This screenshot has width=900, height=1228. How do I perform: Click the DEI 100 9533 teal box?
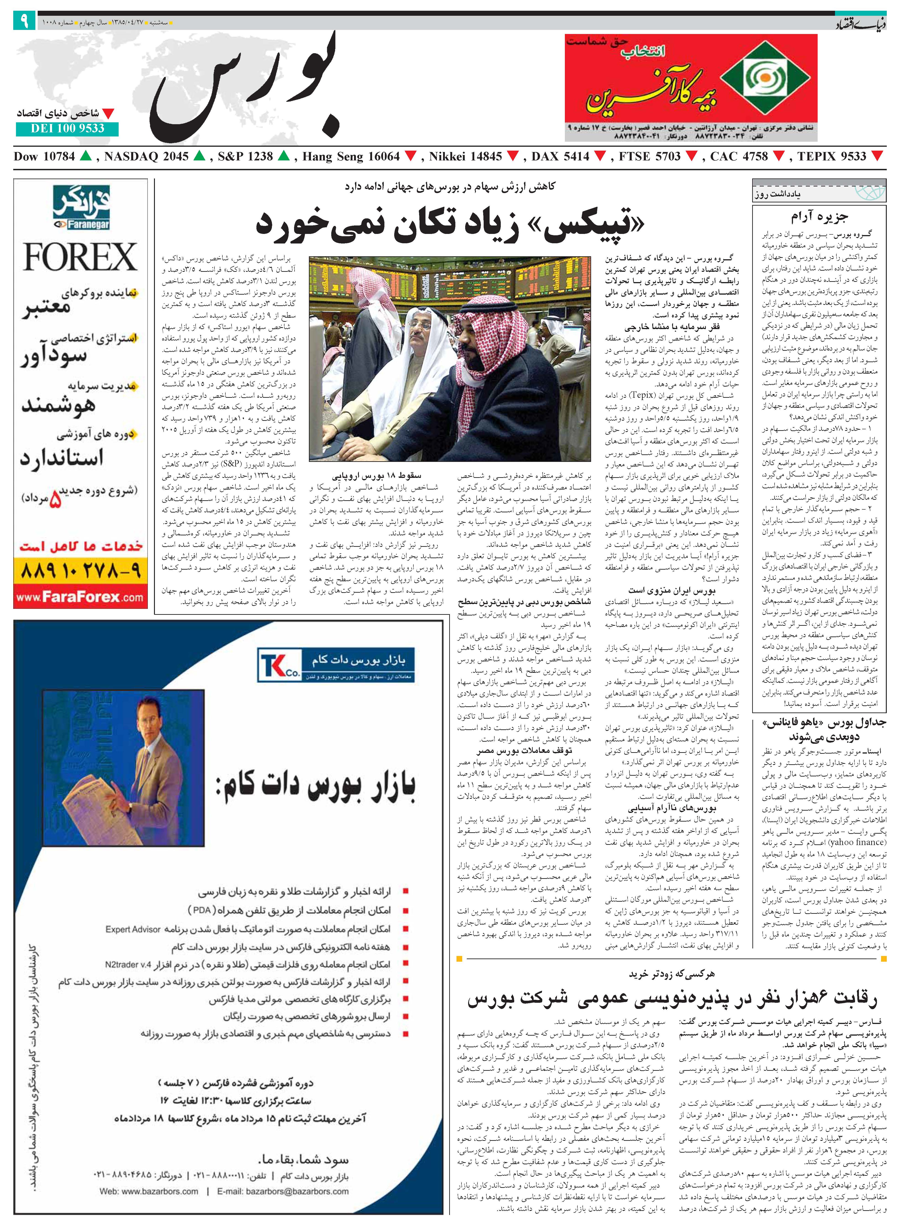click(x=67, y=128)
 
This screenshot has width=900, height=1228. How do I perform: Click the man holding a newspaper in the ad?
click(x=124, y=768)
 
